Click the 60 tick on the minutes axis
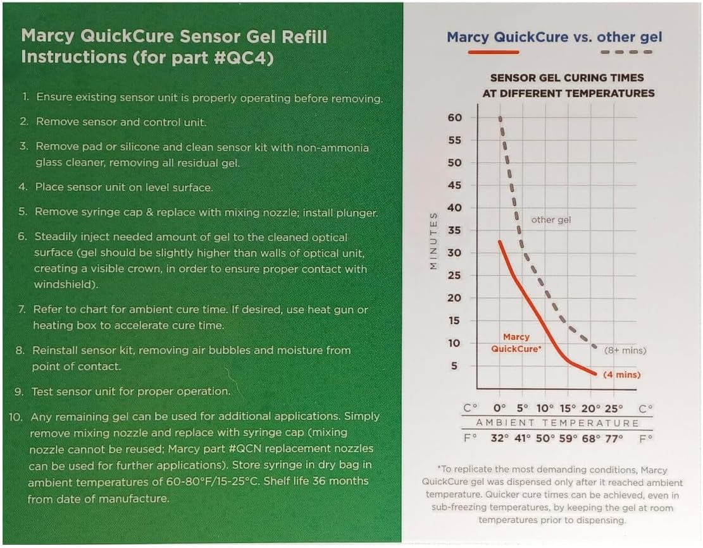455,118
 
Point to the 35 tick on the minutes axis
455,231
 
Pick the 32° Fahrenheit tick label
500,437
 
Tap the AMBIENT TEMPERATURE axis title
557,423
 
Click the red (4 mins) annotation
621,375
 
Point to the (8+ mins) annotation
625,350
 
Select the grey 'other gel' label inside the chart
551,220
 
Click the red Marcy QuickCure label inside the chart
518,343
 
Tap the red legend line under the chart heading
493,52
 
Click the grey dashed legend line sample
626,52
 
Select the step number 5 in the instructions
23,212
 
